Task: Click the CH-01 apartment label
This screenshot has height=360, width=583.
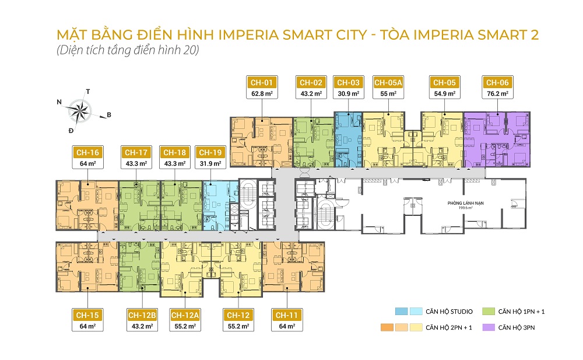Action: (261, 82)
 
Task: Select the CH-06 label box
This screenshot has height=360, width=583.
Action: (497, 82)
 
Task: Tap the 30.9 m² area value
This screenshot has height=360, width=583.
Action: (347, 93)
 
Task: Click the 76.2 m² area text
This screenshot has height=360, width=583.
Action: (497, 93)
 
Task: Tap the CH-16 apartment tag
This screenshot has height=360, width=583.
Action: (86, 153)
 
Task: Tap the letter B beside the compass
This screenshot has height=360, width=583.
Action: (108, 115)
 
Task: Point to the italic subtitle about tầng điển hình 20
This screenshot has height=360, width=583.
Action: (128, 50)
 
